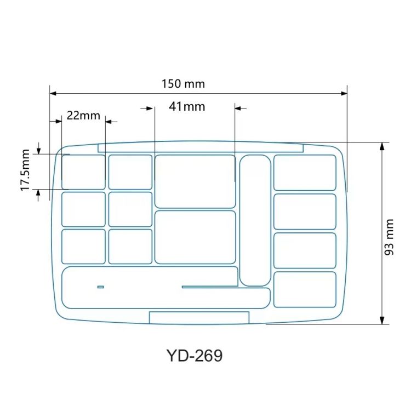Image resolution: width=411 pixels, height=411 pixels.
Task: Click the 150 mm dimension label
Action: click(183, 84)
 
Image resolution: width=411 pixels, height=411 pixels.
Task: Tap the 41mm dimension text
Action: click(187, 106)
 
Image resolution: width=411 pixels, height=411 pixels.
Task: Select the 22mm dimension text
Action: click(83, 115)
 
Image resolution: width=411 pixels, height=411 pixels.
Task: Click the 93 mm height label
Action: click(389, 237)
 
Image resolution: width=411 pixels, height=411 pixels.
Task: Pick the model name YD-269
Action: click(195, 356)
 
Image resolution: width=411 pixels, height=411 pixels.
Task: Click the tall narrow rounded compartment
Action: click(255, 220)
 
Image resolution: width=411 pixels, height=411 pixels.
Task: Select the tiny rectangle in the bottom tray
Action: click(100, 287)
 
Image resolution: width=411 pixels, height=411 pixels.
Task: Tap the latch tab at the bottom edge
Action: click(199, 317)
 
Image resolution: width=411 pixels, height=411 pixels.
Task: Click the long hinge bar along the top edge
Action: click(201, 147)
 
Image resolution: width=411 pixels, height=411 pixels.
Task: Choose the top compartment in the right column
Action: click(305, 173)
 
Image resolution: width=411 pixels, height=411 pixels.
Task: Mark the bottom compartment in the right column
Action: click(305, 289)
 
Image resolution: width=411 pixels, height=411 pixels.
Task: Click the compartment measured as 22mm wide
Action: click(83, 172)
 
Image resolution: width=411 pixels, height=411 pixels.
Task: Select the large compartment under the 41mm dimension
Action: click(195, 181)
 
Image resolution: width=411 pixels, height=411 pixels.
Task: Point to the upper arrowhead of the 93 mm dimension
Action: click(383, 146)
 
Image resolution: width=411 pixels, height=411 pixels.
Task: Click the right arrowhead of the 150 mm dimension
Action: click(344, 93)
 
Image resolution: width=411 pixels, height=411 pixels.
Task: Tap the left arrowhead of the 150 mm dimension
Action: click(53, 93)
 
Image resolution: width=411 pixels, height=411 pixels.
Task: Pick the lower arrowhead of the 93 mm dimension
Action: click(383, 321)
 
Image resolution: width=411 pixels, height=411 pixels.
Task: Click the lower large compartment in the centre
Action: click(195, 237)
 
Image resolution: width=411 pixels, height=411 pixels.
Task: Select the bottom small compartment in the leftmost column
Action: click(83, 246)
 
